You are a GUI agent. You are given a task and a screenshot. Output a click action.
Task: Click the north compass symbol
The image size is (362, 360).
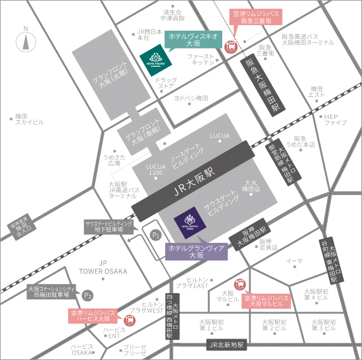tap(25, 42)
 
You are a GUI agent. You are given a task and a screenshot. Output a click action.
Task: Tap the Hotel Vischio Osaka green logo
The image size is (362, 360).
tap(151, 60)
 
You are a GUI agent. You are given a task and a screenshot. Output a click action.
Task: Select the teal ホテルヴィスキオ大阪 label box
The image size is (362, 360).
tap(193, 40)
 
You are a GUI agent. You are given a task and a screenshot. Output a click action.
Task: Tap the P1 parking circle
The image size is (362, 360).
tap(156, 234)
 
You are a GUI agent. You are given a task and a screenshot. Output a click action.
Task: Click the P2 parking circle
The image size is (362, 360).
tap(88, 295)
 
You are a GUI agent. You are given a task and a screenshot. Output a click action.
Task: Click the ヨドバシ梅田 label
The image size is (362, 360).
tap(191, 98)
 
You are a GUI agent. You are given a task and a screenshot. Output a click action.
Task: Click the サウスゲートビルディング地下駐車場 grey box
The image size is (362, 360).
tap(108, 226)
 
